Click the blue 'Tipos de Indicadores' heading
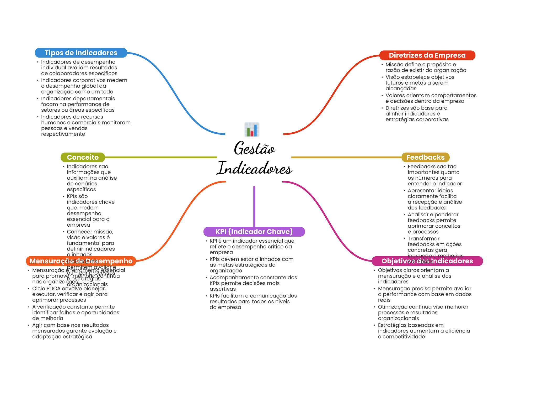tap(81, 53)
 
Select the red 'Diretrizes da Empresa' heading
tap(427, 55)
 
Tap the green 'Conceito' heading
tap(83, 157)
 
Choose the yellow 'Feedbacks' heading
tap(425, 157)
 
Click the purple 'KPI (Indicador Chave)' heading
tap(254, 232)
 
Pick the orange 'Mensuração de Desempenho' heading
tap(81, 261)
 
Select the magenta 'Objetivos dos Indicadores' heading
tap(427, 261)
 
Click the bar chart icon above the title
tap(252, 129)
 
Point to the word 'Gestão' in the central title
tap(254, 149)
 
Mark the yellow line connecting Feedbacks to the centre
tap(346, 157)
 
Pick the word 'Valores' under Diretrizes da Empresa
tap(395, 96)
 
